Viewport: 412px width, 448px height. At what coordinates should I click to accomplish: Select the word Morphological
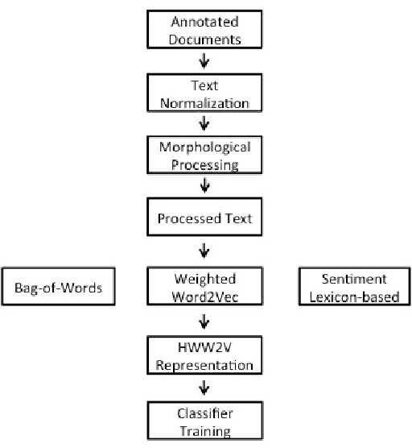tap(204, 147)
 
